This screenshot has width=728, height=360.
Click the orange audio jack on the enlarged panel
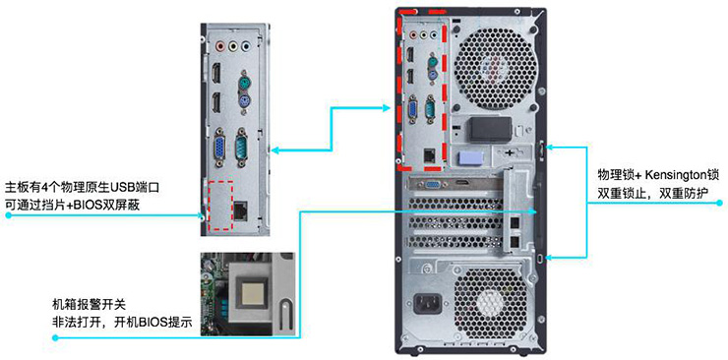tap(216, 43)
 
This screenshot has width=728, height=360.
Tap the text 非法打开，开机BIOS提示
tap(115, 322)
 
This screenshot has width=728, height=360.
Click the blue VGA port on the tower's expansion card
tap(430, 181)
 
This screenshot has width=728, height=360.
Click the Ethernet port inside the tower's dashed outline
tap(429, 154)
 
